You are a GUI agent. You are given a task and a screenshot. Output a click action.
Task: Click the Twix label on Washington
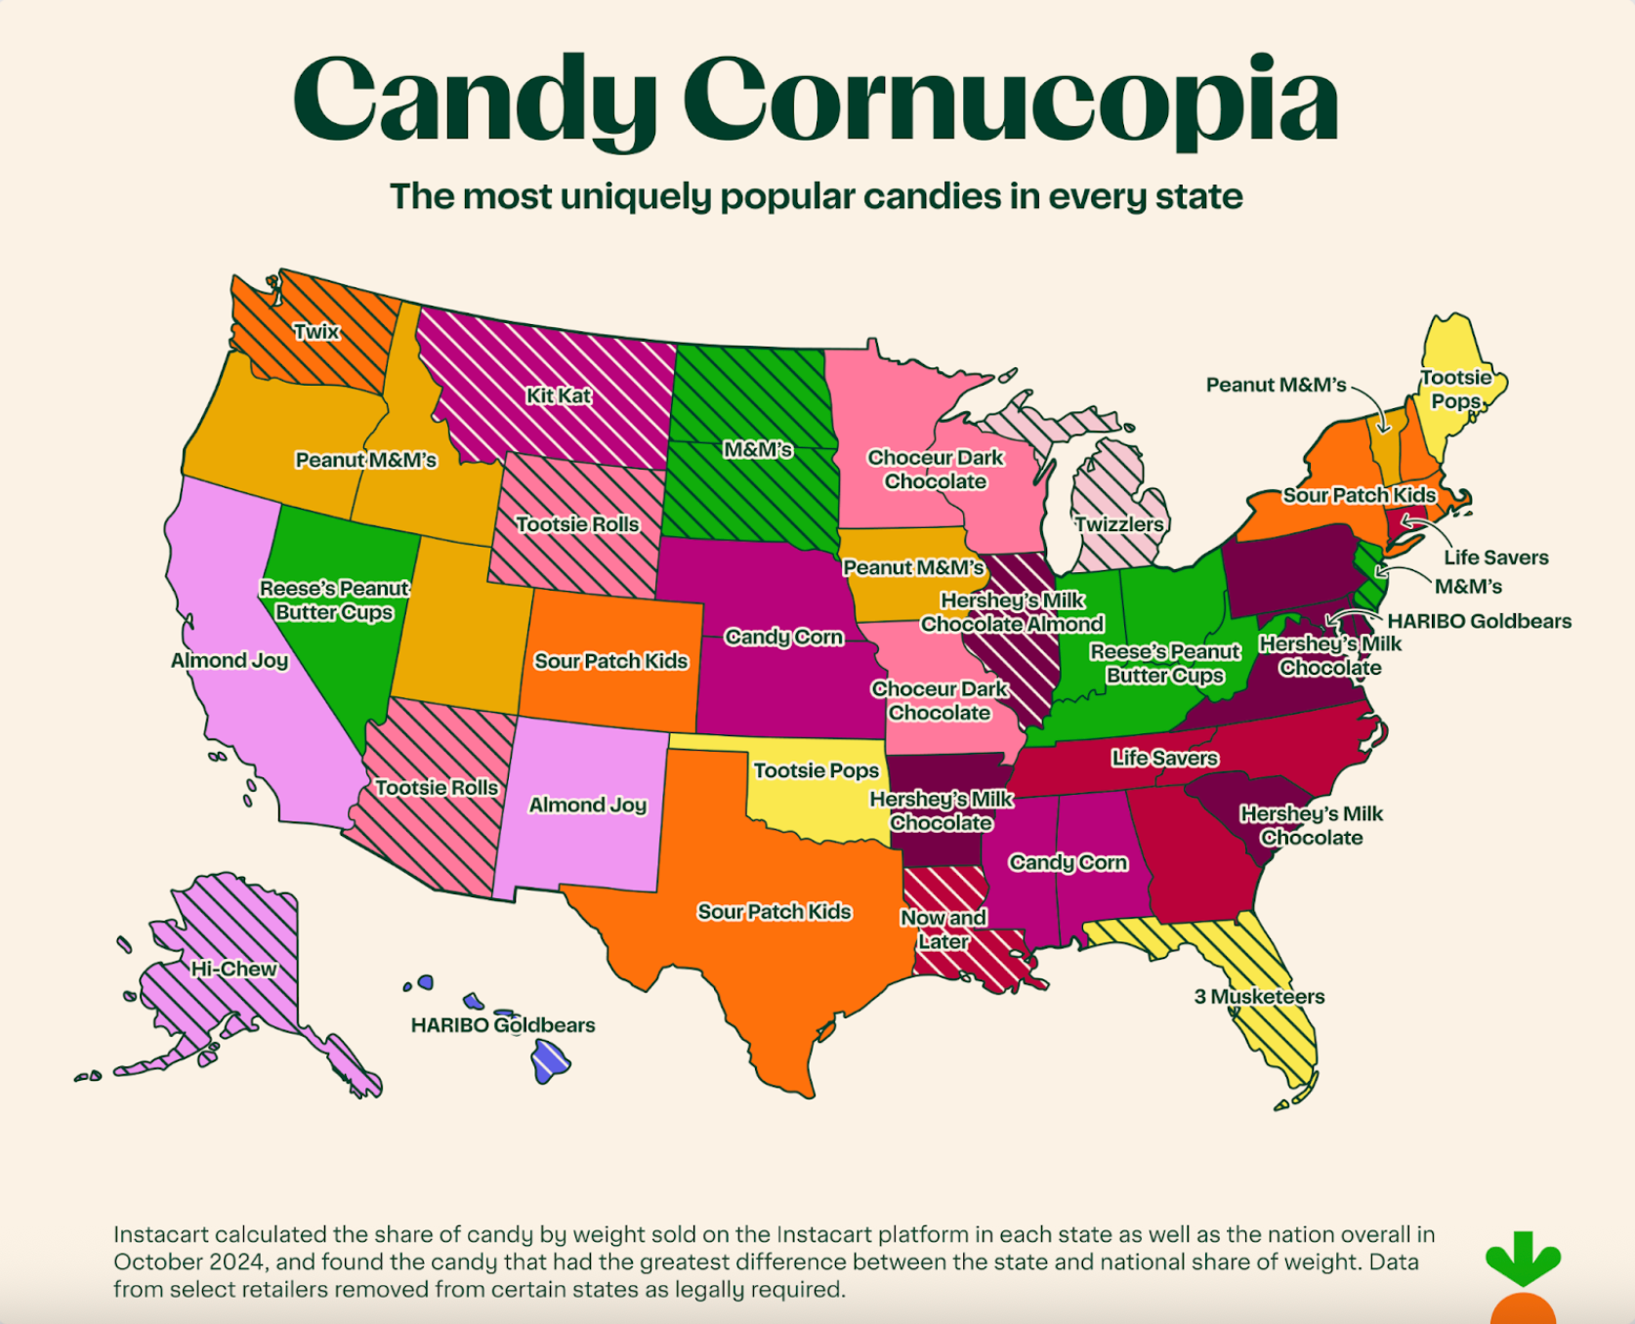(x=316, y=331)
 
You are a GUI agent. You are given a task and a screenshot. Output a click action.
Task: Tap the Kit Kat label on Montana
(x=559, y=395)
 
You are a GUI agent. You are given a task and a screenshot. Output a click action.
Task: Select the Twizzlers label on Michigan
(x=1119, y=524)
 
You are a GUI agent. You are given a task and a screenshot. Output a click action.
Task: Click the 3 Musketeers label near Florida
(x=1259, y=997)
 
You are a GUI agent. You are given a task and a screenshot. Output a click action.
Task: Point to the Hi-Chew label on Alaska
(x=233, y=969)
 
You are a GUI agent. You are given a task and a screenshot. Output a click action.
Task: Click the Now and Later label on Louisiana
(x=943, y=930)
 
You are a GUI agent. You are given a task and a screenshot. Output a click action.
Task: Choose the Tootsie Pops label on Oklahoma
(x=816, y=770)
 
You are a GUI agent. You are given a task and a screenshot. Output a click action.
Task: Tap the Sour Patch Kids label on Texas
(x=774, y=911)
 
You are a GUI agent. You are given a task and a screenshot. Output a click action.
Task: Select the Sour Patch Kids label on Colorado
(x=610, y=661)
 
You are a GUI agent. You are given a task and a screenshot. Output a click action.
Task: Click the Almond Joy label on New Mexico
(x=587, y=805)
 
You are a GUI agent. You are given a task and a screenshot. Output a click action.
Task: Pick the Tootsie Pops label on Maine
(x=1455, y=389)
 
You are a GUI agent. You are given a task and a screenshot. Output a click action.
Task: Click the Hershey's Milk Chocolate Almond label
(x=1012, y=612)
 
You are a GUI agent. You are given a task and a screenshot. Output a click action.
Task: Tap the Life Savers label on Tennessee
(x=1164, y=758)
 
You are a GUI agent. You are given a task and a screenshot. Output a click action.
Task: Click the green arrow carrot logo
(x=1522, y=1260)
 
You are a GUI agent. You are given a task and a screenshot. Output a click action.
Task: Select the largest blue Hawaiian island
(x=550, y=1061)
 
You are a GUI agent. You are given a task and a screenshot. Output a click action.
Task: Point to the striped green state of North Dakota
(x=752, y=395)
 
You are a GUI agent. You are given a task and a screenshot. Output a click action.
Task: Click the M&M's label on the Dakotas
(x=757, y=450)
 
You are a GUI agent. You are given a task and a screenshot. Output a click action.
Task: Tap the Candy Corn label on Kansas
(x=783, y=637)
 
